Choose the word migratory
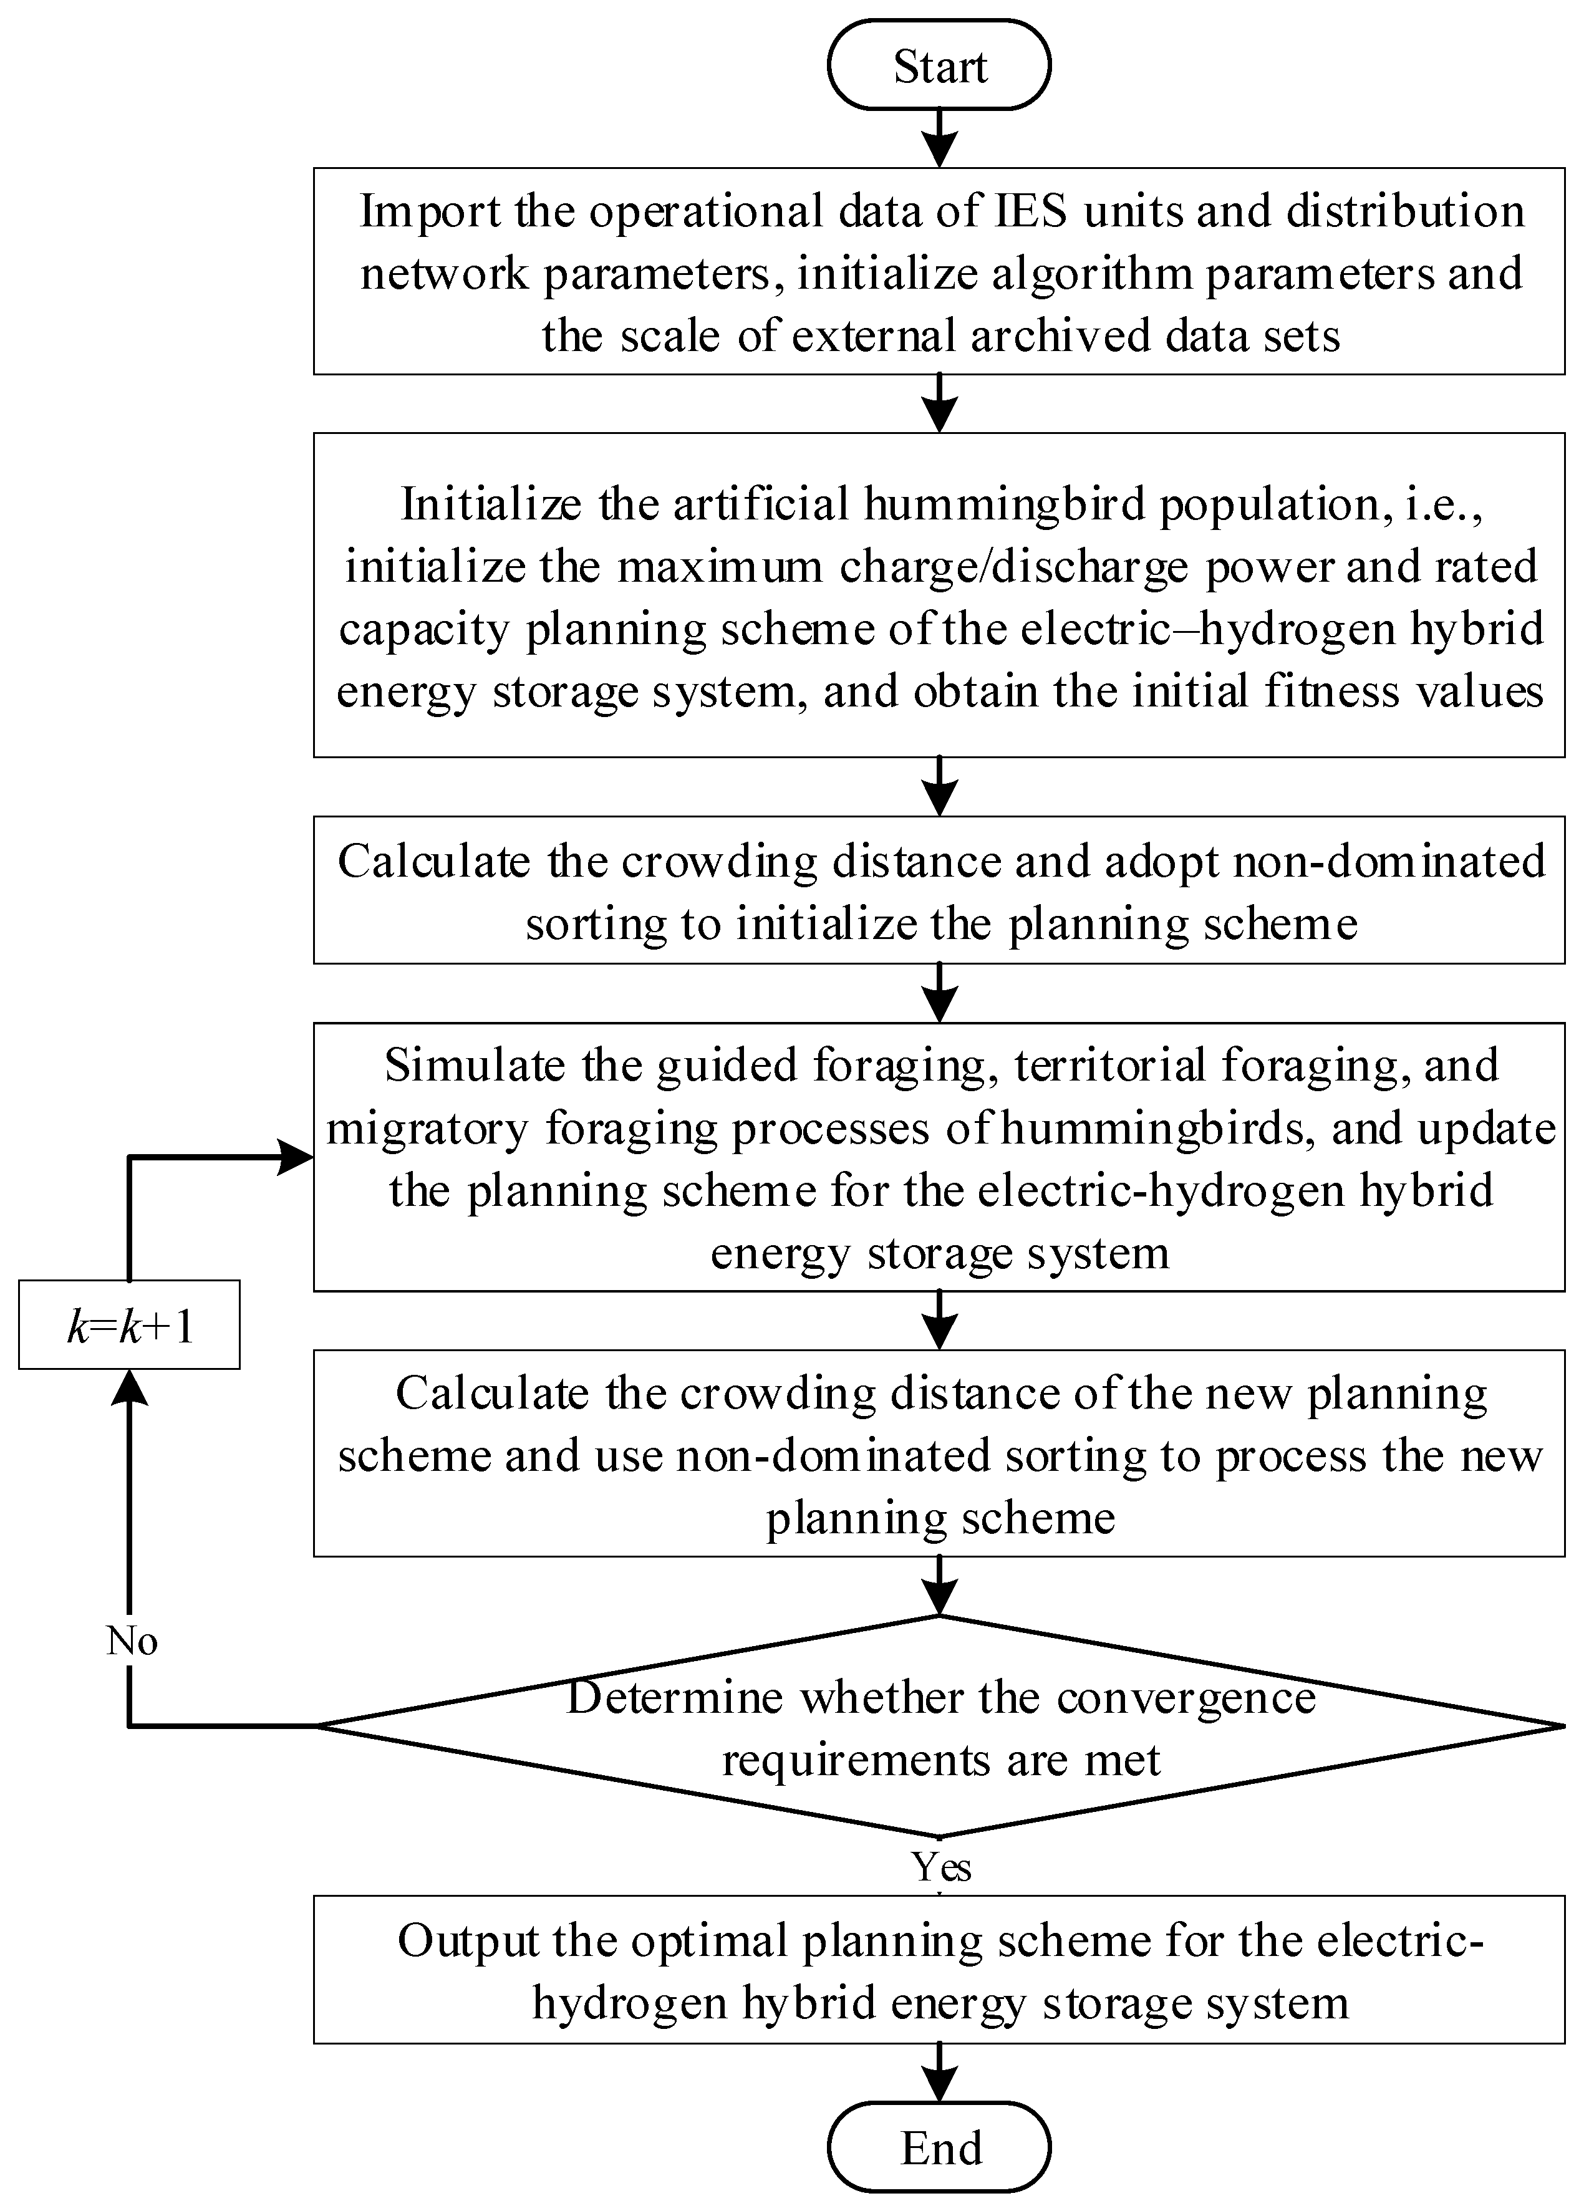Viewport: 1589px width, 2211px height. [x=427, y=1128]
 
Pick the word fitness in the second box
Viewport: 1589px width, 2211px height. [x=1331, y=691]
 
